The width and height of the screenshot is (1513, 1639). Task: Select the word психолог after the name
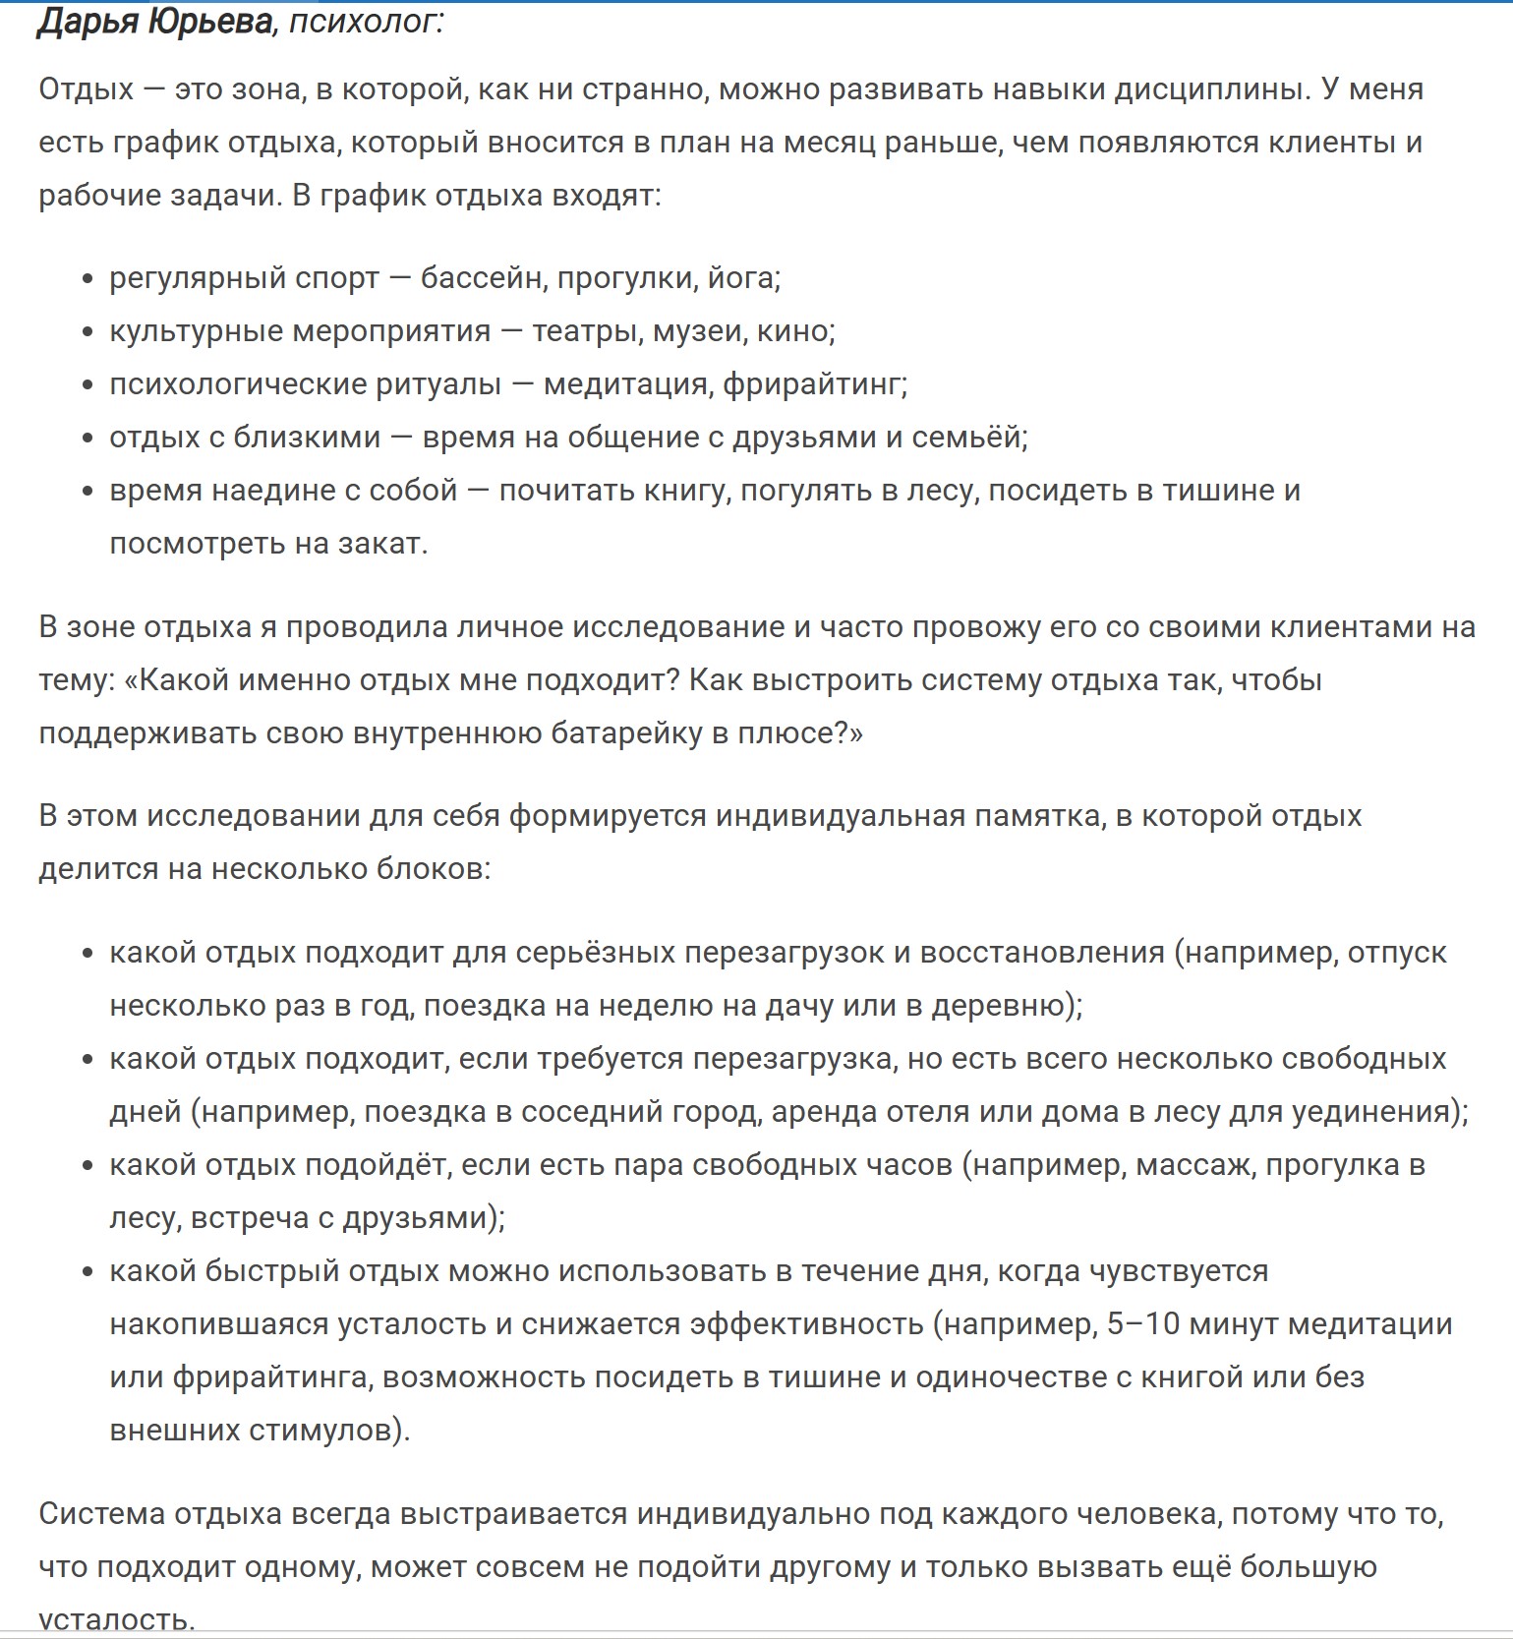(365, 22)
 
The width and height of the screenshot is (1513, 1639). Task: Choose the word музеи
(700, 331)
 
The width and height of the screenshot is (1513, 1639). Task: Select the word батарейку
(619, 733)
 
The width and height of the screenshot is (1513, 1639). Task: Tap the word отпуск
(1397, 953)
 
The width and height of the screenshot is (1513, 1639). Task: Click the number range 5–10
(1142, 1324)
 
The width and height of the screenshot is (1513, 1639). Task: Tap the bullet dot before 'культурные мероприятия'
(88, 332)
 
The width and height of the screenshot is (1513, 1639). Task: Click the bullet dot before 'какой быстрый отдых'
(88, 1272)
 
